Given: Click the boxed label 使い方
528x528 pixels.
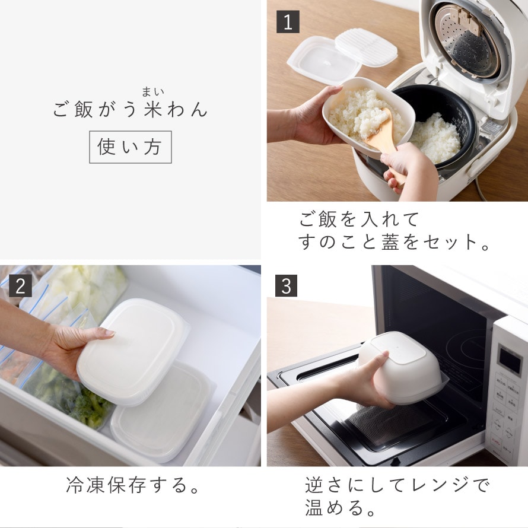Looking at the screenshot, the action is coord(131,147).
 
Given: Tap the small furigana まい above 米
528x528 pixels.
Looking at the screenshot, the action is coord(153,91).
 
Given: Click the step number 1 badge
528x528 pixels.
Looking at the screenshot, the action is coord(288,22).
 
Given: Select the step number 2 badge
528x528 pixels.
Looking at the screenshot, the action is coord(21,285).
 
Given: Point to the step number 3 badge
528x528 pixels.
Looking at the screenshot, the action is coord(286,285).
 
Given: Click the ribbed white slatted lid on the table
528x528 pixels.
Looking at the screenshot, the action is coord(367,47).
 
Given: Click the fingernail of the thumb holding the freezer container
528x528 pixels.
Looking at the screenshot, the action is coord(109,333).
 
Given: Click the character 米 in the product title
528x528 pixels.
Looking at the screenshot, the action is coord(153,109).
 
